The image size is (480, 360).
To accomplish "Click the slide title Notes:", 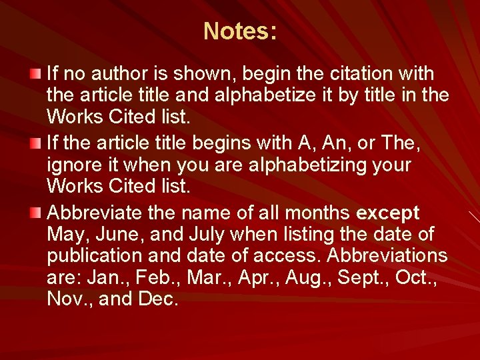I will (x=240, y=31).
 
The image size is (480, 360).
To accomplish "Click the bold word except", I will (x=388, y=213).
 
